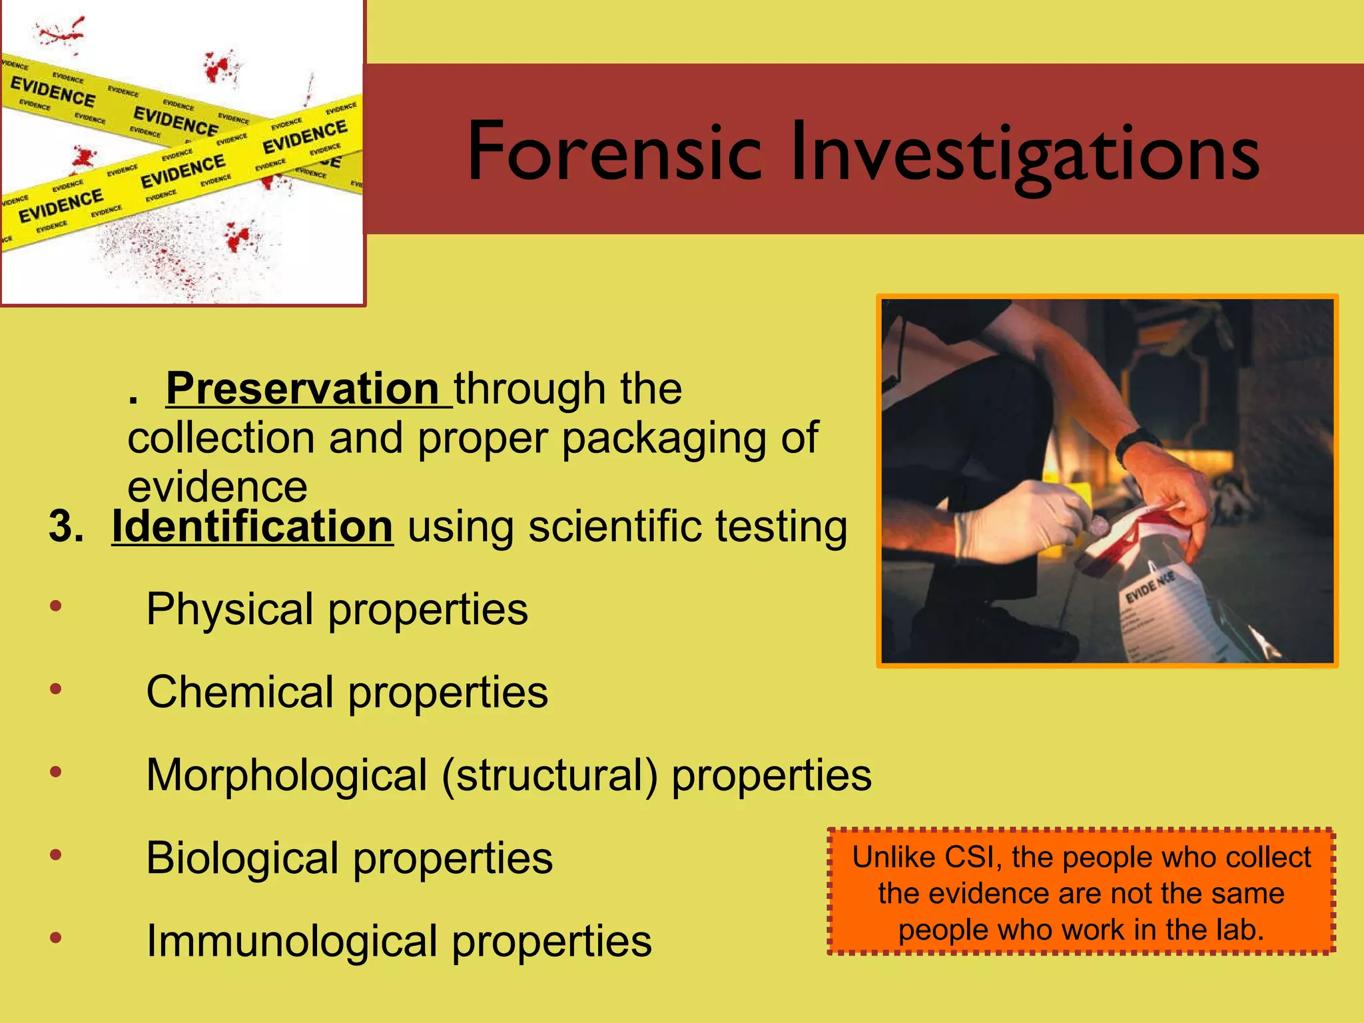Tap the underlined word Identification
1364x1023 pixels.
(252, 527)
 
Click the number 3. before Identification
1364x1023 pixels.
(67, 527)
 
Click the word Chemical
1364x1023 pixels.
(239, 692)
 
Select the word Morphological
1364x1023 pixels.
(286, 775)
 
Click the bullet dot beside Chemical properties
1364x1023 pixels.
(56, 689)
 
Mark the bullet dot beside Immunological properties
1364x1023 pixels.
(56, 938)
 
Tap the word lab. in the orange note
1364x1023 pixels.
(1239, 930)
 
